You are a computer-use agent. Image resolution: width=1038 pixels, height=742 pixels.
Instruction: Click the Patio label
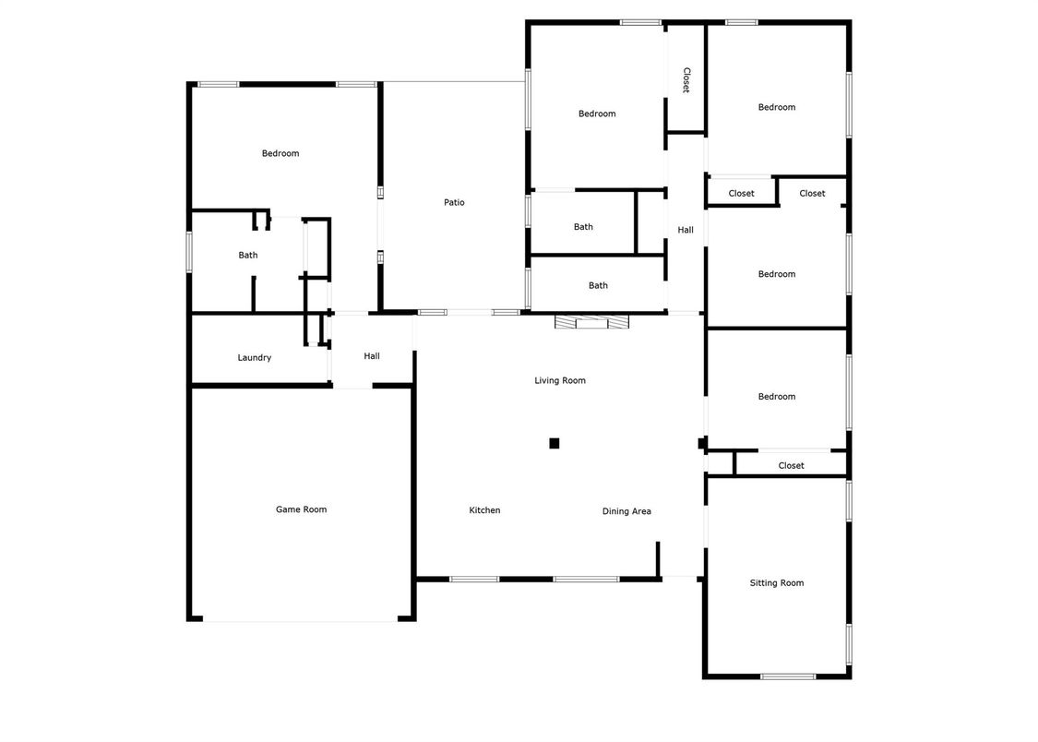454,202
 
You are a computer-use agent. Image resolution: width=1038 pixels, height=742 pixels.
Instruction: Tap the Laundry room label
254,357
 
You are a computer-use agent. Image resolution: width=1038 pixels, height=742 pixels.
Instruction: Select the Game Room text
301,509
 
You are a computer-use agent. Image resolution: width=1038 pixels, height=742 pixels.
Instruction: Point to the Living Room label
560,380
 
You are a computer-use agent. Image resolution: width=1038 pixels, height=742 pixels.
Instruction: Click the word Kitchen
484,510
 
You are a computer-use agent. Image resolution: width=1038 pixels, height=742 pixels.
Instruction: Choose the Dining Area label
626,511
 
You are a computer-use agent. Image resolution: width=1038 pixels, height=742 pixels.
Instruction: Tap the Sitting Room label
777,582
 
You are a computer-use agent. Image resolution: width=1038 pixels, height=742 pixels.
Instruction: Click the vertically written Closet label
686,80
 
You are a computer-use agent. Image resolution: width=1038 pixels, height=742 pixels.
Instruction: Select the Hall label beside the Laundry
372,356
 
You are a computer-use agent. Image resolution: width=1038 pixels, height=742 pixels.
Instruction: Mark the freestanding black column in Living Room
555,443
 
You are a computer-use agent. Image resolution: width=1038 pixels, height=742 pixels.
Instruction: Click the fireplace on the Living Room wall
591,322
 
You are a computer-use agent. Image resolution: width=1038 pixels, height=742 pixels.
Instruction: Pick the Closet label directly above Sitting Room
791,465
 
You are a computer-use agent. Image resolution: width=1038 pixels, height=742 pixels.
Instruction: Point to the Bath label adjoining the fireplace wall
598,285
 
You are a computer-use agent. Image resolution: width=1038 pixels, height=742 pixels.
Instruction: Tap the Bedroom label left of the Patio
280,153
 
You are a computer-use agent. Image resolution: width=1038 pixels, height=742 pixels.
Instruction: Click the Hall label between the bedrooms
686,230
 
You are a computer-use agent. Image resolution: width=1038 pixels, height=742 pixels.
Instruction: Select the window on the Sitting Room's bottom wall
787,676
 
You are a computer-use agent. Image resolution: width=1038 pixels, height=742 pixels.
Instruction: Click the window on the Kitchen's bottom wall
474,580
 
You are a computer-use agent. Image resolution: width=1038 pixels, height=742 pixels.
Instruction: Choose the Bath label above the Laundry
248,255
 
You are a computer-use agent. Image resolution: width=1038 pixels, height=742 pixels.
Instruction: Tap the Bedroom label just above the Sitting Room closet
776,397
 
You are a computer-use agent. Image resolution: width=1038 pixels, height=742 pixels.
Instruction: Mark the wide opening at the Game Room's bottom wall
301,620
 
